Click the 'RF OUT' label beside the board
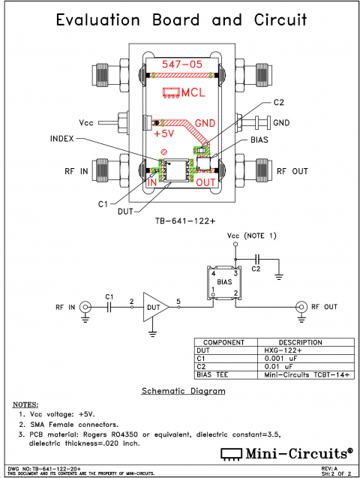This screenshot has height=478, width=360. (x=292, y=171)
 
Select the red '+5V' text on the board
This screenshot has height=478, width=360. (x=163, y=134)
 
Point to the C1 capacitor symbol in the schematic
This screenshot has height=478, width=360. (x=109, y=306)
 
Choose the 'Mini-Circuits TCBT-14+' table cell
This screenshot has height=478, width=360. (x=300, y=374)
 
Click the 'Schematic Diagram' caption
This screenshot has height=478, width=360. (x=183, y=391)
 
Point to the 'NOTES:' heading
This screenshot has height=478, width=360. (x=25, y=403)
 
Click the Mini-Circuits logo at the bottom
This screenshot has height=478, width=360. (x=286, y=452)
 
